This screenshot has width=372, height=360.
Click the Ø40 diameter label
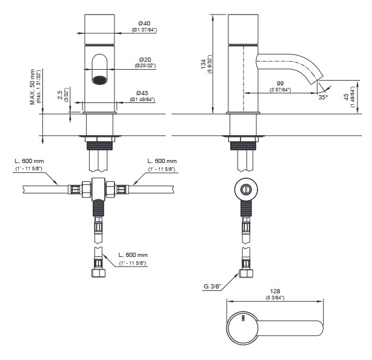point(144,24)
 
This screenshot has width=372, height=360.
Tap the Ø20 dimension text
point(144,59)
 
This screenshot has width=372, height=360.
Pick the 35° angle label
point(324,97)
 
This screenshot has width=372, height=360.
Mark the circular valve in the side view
point(245,189)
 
